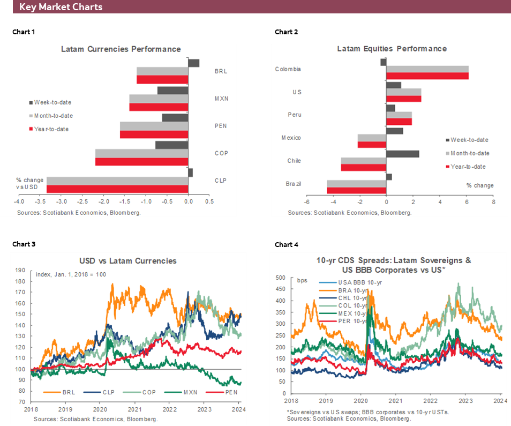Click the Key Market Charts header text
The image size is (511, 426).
(61, 8)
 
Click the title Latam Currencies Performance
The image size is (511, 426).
(121, 49)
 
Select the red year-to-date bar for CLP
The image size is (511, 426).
(117, 189)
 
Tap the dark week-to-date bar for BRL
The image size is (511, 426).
(193, 63)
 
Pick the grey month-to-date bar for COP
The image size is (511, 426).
(141, 153)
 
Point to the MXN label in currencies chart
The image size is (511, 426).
(221, 99)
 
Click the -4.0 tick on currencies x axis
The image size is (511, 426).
(19, 202)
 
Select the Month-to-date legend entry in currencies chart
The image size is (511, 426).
(53, 116)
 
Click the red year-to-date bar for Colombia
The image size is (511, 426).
(427, 76)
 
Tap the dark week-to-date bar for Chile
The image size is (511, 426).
(403, 154)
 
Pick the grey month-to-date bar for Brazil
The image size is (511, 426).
(357, 184)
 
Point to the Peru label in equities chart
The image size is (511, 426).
(294, 115)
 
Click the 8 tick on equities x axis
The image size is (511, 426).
(493, 202)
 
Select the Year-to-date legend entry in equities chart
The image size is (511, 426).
(468, 167)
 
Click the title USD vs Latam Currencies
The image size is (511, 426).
(127, 261)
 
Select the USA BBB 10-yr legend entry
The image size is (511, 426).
(360, 282)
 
